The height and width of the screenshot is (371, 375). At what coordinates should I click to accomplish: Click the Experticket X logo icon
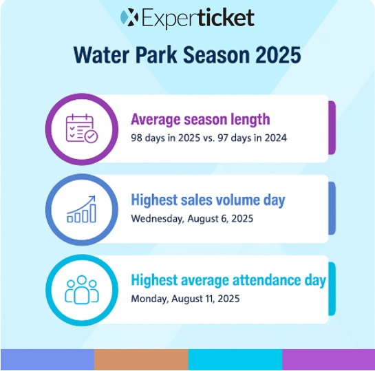tap(129, 17)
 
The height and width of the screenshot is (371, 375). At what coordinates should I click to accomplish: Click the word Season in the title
tap(217, 55)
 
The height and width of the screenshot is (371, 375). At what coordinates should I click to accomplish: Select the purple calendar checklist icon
tap(82, 129)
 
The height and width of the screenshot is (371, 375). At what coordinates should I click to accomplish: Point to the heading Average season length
tap(200, 119)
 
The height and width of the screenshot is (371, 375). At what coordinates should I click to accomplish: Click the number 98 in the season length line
tap(136, 138)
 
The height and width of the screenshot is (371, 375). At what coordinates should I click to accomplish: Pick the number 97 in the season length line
tap(223, 138)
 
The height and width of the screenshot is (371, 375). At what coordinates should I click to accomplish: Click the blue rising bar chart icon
tap(81, 209)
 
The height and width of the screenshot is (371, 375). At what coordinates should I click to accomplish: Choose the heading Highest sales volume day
tap(208, 200)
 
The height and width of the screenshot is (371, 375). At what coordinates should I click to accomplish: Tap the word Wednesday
tap(157, 219)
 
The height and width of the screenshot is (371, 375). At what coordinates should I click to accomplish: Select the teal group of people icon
tap(82, 290)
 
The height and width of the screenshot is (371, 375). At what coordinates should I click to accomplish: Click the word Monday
tap(150, 299)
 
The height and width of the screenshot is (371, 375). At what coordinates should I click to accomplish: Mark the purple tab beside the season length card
tap(332, 128)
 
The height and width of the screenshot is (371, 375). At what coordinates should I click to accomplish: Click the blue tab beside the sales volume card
tap(332, 208)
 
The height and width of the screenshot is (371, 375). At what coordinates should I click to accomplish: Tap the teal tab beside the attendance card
tap(332, 288)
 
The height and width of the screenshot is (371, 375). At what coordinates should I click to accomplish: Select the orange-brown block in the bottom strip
tap(141, 359)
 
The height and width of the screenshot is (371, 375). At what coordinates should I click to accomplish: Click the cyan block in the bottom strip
tap(235, 359)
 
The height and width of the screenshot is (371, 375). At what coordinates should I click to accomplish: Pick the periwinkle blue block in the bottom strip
tap(47, 359)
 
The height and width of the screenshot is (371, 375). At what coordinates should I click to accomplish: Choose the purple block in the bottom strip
tap(329, 359)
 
